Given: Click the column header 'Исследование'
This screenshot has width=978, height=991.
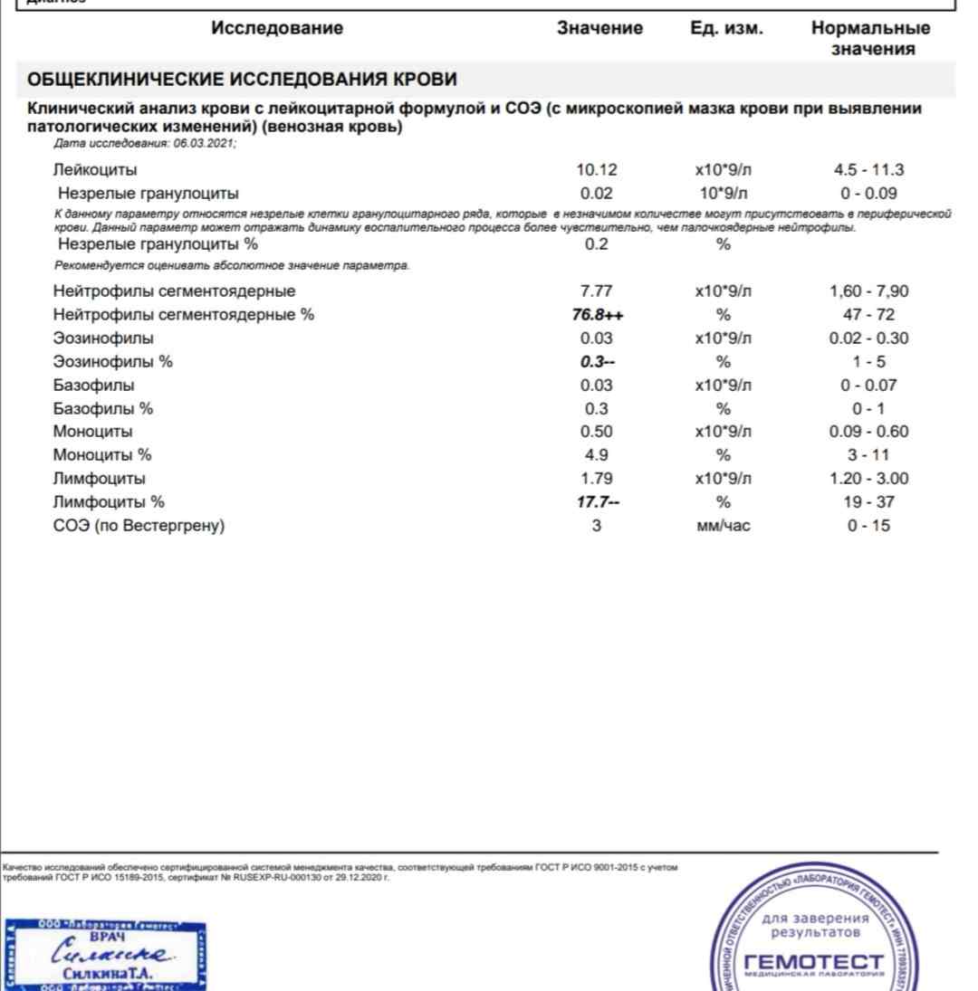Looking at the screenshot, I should click(277, 28).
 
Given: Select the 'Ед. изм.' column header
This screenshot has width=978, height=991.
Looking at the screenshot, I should click(726, 28).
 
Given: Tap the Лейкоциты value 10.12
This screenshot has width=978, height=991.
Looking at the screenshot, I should click(597, 169).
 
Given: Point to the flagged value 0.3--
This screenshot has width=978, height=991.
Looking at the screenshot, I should click(597, 362).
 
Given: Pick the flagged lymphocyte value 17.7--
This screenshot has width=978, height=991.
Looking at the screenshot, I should click(597, 502).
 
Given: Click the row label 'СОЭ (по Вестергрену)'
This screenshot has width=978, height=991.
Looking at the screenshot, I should click(139, 526).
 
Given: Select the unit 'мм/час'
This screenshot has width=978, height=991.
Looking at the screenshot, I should click(723, 526).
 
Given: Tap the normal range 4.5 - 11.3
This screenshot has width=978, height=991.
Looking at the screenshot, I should click(869, 169).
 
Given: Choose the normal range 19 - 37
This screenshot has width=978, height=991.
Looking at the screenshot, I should click(869, 502).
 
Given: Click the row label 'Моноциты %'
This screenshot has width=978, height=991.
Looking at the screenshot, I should click(102, 455).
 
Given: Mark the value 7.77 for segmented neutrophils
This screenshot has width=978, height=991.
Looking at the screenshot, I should click(597, 291).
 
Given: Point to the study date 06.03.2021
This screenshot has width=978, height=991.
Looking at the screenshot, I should click(204, 145).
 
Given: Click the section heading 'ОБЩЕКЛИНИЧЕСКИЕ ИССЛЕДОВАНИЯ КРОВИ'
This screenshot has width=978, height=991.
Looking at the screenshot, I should click(242, 80).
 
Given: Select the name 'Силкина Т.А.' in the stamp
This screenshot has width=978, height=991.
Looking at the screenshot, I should click(109, 975).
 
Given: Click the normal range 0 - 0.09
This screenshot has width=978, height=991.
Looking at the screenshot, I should click(869, 193).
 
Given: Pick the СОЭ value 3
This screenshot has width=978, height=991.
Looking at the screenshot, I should click(597, 526).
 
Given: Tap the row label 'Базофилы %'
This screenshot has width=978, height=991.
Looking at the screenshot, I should click(103, 408).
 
